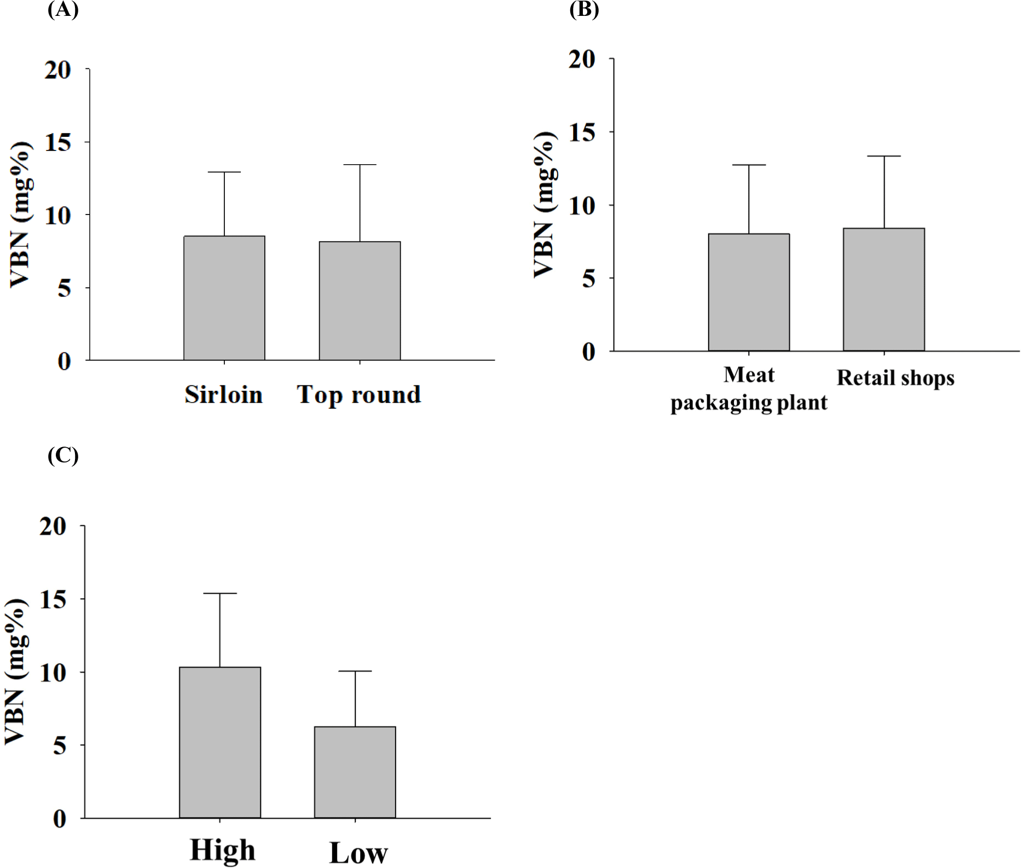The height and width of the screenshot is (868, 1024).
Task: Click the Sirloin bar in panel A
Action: [224, 298]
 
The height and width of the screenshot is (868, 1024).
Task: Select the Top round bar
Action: [360, 301]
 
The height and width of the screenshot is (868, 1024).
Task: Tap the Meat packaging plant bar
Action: [749, 292]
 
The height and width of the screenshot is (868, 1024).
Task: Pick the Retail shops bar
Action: [883, 290]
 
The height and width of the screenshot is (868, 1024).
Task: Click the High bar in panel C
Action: [220, 742]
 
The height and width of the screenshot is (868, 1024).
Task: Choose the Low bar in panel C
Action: [355, 772]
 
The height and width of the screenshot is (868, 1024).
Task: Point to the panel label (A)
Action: [63, 10]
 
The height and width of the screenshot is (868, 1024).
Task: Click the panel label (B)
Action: [584, 10]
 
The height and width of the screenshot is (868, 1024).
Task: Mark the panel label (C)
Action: [63, 455]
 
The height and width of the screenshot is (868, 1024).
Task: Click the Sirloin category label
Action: [223, 395]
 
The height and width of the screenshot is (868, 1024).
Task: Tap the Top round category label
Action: [359, 395]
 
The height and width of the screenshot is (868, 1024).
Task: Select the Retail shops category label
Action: [895, 378]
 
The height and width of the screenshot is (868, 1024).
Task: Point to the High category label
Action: [223, 850]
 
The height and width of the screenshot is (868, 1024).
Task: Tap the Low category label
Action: [358, 853]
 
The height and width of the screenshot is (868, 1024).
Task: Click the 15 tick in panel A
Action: [59, 142]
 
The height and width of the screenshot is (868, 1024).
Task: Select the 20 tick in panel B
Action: [582, 59]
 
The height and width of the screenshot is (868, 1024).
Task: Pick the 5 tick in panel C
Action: [60, 745]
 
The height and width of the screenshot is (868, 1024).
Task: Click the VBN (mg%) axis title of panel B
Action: [545, 205]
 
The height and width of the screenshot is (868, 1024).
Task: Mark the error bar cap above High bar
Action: [220, 593]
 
